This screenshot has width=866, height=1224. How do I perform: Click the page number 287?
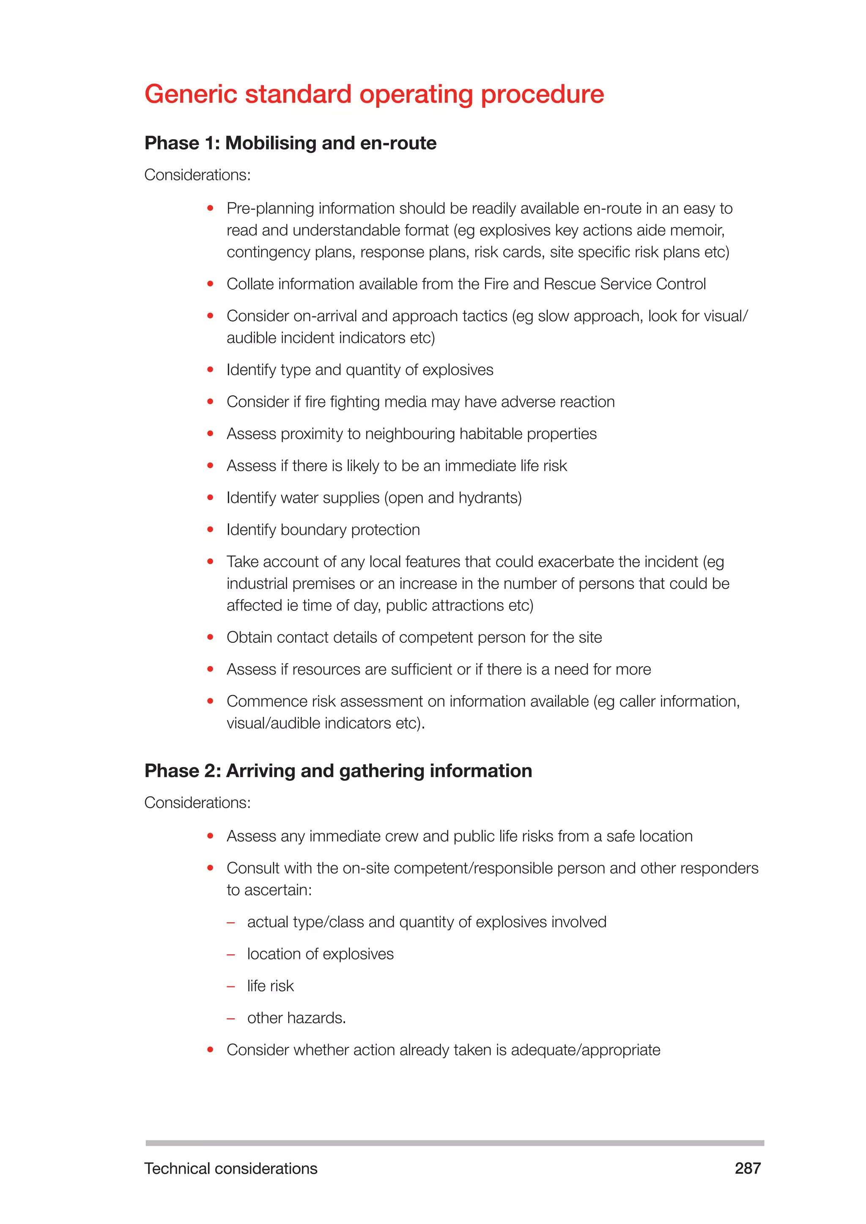[747, 1168]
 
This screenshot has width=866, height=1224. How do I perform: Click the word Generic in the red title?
[192, 94]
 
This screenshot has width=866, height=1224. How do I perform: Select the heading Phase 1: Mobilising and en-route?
[290, 143]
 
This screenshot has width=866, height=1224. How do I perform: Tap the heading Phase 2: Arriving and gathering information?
[338, 771]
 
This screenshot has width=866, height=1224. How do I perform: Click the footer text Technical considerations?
[230, 1169]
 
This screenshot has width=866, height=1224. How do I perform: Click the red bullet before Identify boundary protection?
[210, 529]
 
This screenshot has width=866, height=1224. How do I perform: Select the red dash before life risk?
[231, 986]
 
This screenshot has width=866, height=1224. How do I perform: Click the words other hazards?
[296, 1018]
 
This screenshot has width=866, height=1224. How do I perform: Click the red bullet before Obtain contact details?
[210, 637]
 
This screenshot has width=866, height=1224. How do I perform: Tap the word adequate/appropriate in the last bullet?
[586, 1050]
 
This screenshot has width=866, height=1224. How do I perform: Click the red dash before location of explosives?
[231, 954]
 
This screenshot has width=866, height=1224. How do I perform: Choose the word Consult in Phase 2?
[253, 869]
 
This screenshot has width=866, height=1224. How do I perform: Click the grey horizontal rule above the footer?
[454, 1143]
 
